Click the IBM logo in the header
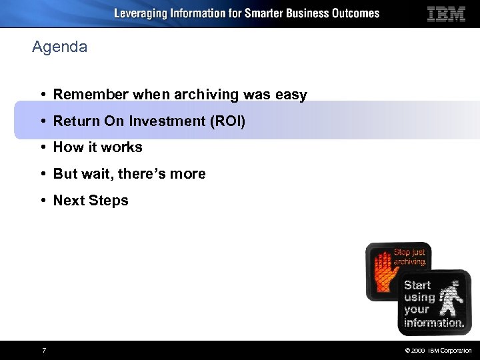446,14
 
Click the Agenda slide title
59,47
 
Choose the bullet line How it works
97,147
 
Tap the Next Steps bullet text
91,201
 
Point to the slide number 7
43,351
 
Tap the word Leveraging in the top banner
142,13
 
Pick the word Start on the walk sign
417,285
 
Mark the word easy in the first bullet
291,95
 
